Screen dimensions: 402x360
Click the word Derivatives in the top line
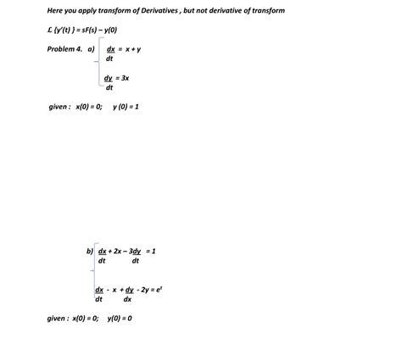[158, 10]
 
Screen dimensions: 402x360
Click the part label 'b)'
[90, 252]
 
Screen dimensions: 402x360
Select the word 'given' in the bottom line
[58, 318]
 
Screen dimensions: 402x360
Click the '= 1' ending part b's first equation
[152, 252]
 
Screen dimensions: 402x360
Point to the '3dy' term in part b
[134, 252]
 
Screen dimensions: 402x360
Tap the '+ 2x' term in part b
[115, 252]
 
